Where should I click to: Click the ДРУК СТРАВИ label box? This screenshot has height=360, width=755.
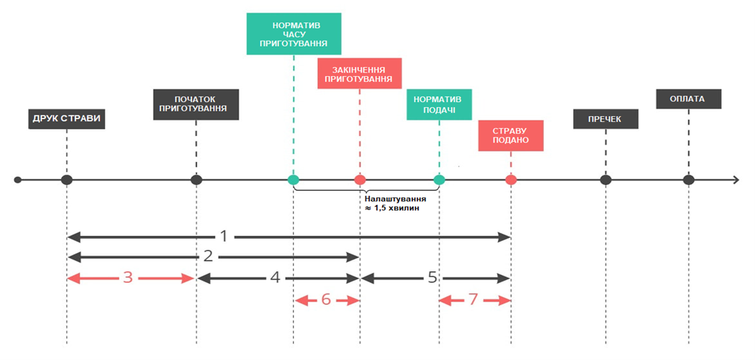(67, 119)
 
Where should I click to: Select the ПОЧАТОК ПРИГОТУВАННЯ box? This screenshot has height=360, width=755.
(197, 104)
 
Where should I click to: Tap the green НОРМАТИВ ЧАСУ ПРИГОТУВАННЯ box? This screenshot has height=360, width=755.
(294, 34)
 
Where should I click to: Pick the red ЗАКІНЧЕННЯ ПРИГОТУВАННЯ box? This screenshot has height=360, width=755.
(360, 73)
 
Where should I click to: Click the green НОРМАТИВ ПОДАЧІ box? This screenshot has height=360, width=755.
(439, 104)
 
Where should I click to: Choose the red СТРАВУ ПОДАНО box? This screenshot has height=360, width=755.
(511, 135)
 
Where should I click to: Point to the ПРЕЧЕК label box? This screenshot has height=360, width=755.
(606, 119)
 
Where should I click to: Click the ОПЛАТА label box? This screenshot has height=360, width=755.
(689, 99)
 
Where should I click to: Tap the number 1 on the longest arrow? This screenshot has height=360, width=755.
(223, 237)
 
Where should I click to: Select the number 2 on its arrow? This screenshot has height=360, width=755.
(208, 257)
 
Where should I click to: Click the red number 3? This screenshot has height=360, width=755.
(128, 278)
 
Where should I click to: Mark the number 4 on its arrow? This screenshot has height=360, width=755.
(276, 278)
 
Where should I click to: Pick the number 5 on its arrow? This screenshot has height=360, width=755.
(432, 278)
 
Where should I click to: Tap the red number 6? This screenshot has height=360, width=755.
(326, 300)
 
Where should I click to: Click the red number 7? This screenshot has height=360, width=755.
(474, 300)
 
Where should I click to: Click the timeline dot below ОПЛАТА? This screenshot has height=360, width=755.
(689, 180)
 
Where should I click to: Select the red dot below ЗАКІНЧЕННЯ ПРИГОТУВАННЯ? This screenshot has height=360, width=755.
(360, 180)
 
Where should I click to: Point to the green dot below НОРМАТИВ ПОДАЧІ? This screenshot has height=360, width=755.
(439, 180)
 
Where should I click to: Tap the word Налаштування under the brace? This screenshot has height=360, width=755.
(395, 199)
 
